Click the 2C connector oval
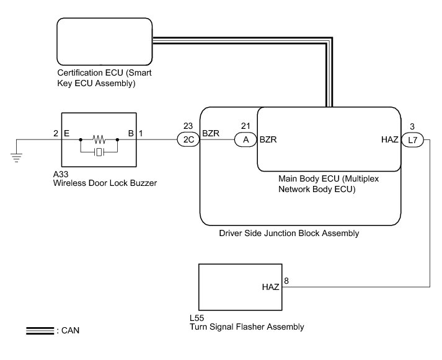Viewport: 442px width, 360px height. tap(188, 140)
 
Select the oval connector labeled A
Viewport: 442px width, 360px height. tap(245, 140)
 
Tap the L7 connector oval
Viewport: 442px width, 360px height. tap(413, 140)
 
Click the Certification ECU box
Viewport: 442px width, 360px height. tap(104, 42)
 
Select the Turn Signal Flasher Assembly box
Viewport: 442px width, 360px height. tap(240, 288)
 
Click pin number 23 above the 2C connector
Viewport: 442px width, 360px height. tap(188, 126)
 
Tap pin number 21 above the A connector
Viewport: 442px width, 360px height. tap(245, 126)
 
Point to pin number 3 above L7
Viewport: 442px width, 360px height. tap(413, 126)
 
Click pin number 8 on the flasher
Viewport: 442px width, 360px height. tap(286, 281)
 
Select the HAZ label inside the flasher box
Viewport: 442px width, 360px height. tap(271, 287)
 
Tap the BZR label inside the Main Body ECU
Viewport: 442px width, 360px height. tap(268, 140)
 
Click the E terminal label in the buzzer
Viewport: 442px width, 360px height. tap(66, 133)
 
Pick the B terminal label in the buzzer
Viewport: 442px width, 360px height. tap(131, 133)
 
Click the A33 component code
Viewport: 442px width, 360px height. tap(61, 175)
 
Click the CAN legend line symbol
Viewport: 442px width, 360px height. tap(40, 331)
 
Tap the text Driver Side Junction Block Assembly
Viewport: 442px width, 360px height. tap(289, 234)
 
